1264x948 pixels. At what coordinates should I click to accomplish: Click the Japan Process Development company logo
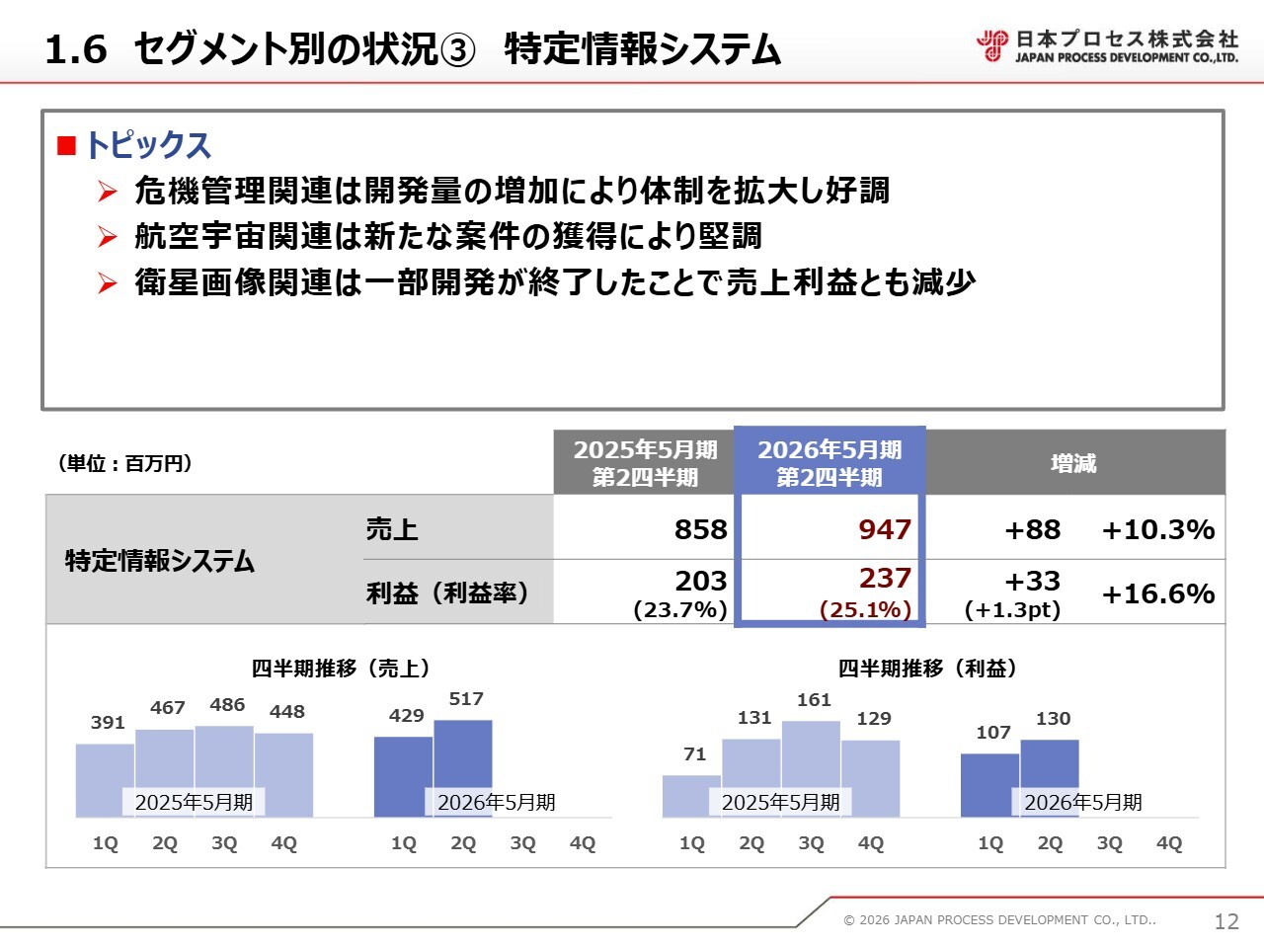(1106, 45)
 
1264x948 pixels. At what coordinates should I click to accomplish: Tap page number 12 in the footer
(1225, 921)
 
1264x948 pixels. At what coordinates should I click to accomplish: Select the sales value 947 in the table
(884, 529)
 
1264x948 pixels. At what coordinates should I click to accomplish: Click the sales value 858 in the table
(700, 529)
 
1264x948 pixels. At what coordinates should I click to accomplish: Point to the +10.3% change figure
(1157, 529)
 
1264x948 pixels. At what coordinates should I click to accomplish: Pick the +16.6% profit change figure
(1157, 593)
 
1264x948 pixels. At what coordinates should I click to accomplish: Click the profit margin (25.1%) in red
(865, 609)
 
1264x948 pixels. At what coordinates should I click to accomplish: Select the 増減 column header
(1073, 463)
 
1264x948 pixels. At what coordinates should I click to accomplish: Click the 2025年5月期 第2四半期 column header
(645, 463)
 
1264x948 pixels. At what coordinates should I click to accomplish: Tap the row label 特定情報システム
(160, 561)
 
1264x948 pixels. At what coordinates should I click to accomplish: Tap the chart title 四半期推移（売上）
(341, 669)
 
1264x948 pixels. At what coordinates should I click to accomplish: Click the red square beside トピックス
(67, 146)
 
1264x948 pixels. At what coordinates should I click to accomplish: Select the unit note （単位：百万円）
(124, 463)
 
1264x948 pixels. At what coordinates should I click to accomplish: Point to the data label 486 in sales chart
(227, 705)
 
